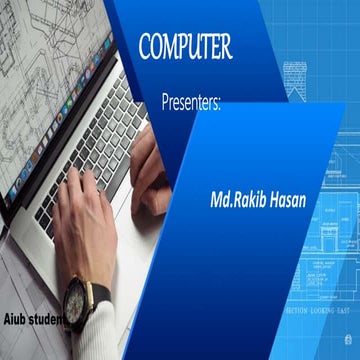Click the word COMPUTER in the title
pos(185,46)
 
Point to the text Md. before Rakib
pos(221,200)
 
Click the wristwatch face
pos(76,298)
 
